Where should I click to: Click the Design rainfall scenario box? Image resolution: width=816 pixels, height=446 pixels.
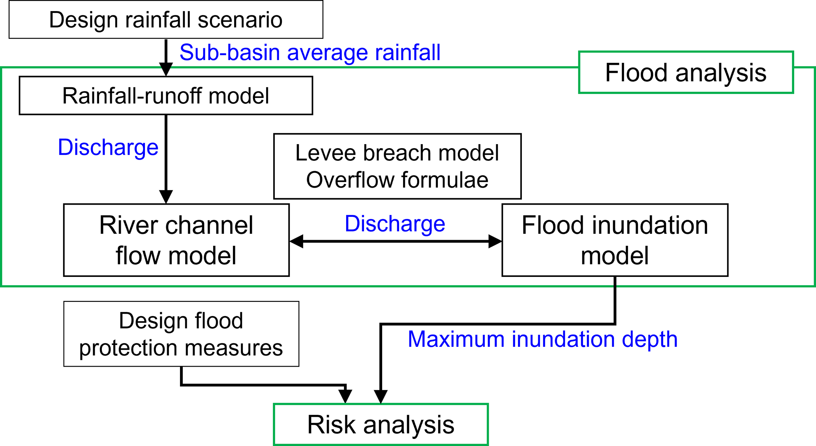166,19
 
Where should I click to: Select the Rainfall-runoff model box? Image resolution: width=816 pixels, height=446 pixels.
166,96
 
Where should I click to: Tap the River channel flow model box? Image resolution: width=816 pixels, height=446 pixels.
176,240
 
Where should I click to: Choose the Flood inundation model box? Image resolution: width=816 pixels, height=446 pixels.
615,240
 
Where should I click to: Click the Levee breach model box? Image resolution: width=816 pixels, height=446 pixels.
397,166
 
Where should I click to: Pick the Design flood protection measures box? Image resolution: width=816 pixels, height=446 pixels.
181,334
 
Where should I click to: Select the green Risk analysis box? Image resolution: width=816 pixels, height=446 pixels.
381,425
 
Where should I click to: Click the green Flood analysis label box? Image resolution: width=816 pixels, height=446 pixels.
686,72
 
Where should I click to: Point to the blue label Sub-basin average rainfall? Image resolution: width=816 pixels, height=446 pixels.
310,53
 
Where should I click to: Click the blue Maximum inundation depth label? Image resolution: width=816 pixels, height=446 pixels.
542,339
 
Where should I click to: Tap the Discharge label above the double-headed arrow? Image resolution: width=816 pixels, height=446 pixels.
395,224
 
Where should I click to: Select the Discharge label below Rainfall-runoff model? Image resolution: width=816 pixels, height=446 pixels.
108,147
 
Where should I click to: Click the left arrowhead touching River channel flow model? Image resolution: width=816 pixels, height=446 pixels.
296,241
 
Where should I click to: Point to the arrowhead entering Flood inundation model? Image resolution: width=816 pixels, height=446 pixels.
495,241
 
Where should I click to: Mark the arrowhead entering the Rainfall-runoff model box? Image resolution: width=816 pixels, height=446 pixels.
166,70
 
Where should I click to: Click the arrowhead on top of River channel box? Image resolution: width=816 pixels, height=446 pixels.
166,197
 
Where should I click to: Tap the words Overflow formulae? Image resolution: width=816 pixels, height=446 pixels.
397,180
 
